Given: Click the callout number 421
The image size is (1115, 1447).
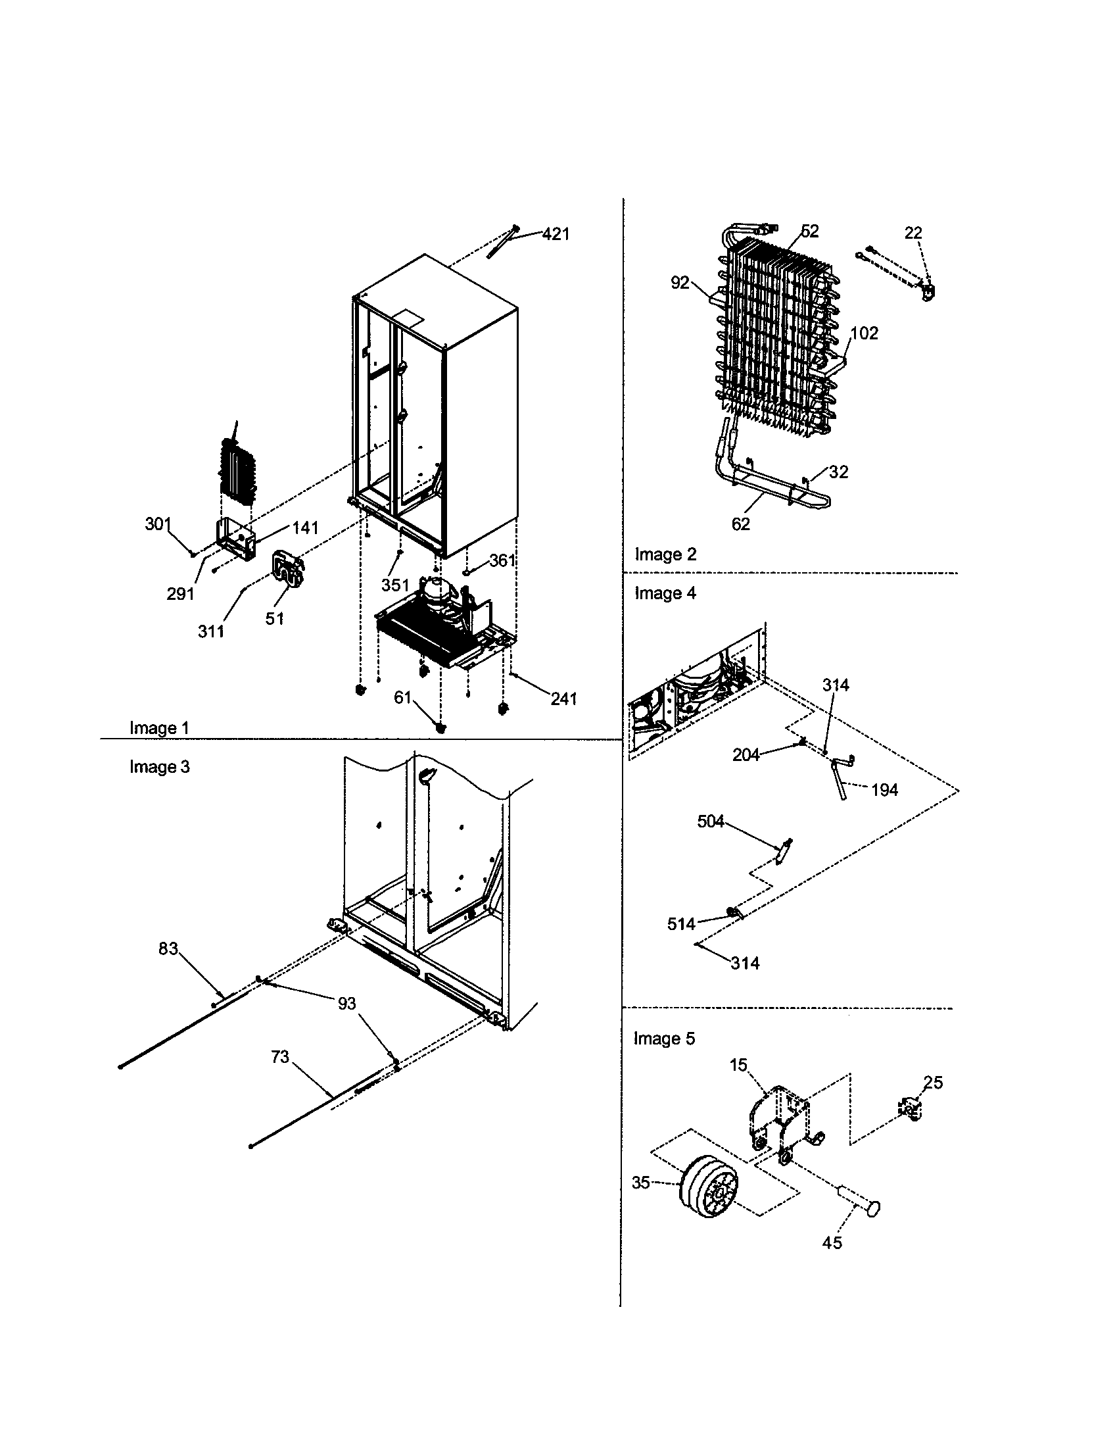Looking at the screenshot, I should (x=556, y=234).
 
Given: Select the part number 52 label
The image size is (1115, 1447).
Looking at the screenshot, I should (x=810, y=231).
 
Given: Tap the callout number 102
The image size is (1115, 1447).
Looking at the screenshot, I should (x=864, y=333).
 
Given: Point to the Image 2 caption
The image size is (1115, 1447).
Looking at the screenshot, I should (x=665, y=554).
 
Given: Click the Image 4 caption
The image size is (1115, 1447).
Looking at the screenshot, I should (x=665, y=593).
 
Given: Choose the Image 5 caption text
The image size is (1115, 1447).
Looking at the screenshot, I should (x=664, y=1038).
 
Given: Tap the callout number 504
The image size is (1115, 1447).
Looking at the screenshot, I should (x=711, y=822).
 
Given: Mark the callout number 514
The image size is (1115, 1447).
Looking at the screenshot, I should (x=681, y=923).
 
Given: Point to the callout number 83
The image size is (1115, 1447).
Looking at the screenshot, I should (x=168, y=948).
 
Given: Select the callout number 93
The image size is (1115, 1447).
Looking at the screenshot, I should (x=347, y=1004).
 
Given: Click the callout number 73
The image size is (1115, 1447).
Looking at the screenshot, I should (x=280, y=1057).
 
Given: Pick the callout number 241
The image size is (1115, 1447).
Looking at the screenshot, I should (x=563, y=699).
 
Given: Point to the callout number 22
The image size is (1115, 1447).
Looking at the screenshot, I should (x=913, y=233).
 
